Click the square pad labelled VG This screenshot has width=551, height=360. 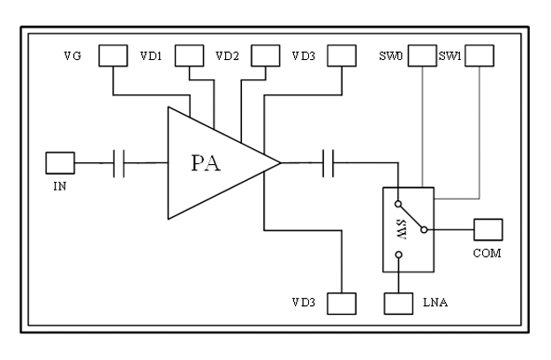pos(112,56)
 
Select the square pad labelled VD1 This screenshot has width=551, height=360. pos(189,56)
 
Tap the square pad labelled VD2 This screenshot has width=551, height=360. pos(265,56)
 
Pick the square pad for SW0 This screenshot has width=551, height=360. pos(422,56)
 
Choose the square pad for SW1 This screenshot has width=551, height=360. pos(479,56)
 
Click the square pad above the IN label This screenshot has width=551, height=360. pos(59,162)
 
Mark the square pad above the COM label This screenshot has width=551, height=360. pos(488,229)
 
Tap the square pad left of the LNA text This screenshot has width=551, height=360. pos(399,304)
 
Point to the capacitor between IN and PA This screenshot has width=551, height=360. pos(119,162)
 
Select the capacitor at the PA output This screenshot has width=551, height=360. pos(328,162)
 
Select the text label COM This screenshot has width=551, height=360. pos(488,254)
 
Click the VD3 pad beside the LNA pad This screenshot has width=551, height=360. pos(341,304)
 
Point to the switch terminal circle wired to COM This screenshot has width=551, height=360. pos(424,229)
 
